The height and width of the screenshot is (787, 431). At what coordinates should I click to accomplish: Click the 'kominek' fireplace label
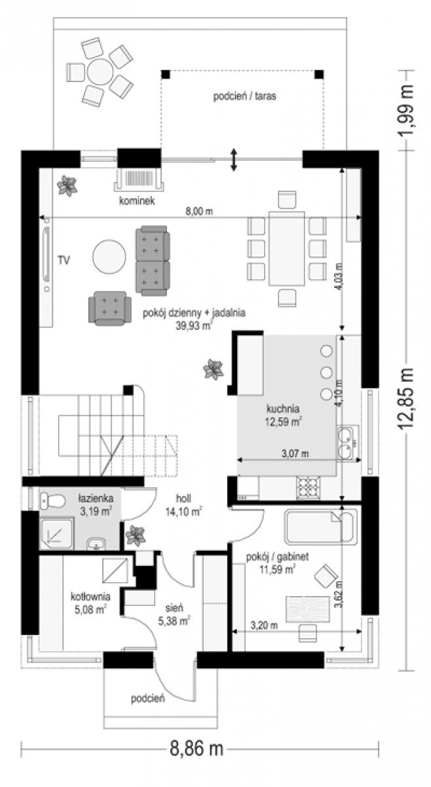tap(137, 201)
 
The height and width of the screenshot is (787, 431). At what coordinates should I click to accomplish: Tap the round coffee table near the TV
tap(109, 257)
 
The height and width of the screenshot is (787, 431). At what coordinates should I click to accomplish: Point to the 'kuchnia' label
tap(283, 409)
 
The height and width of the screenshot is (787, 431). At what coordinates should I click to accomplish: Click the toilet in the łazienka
tap(52, 500)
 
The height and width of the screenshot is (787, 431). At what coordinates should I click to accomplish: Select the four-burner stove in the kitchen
tap(308, 487)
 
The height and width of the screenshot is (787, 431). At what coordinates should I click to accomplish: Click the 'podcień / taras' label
tap(244, 96)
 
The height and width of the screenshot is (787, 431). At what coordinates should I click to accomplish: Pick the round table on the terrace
tap(100, 71)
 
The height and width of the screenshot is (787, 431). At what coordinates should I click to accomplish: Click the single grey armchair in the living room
tap(110, 308)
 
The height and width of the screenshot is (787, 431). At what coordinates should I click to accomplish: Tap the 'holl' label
tap(183, 498)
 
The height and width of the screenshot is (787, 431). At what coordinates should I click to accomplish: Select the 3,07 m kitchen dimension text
tap(295, 454)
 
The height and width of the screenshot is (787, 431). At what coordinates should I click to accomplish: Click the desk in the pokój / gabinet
tap(307, 609)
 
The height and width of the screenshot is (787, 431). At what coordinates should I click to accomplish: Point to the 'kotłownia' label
tap(90, 597)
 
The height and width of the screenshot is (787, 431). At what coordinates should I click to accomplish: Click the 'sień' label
tap(174, 607)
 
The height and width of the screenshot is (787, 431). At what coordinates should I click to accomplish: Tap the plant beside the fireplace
tap(67, 186)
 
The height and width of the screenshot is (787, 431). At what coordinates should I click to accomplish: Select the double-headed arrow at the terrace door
tap(234, 160)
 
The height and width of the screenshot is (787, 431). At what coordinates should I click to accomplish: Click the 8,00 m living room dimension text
tap(199, 211)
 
